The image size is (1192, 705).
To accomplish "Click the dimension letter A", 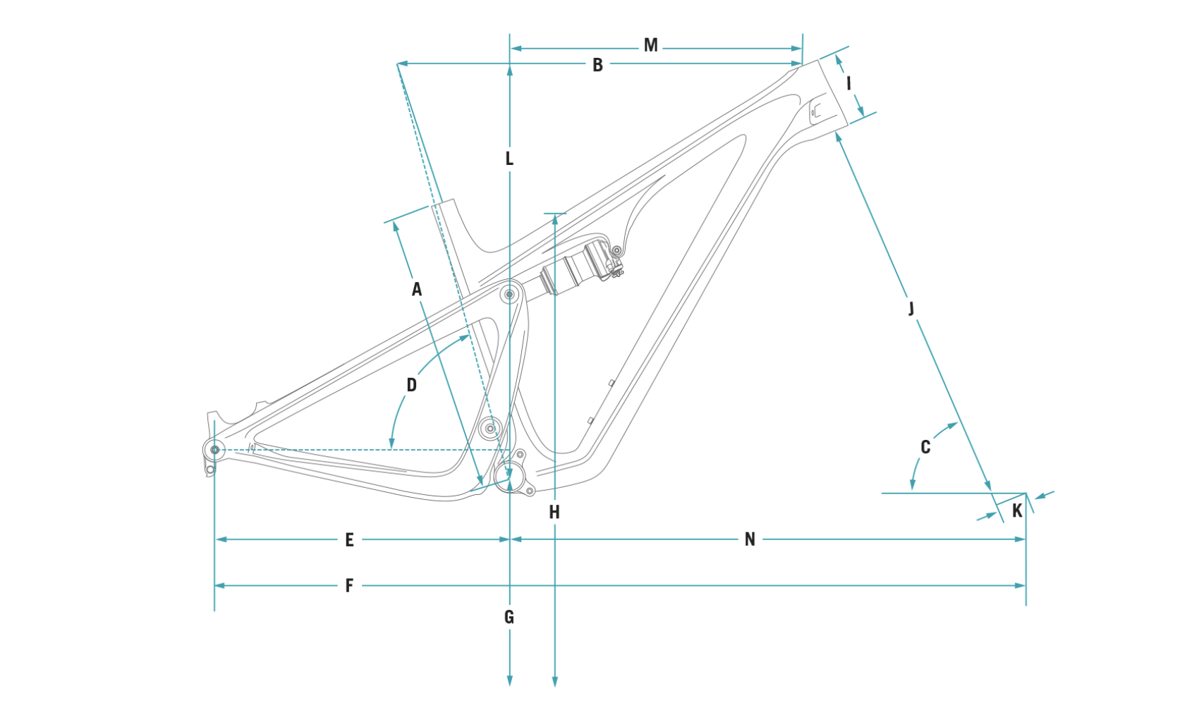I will (417, 289).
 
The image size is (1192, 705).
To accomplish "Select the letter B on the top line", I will (597, 65).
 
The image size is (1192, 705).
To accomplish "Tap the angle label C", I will (925, 447).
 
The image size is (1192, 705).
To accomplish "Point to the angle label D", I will (412, 385).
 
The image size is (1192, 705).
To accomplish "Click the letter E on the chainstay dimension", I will (349, 540).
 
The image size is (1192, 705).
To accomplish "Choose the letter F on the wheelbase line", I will (349, 586).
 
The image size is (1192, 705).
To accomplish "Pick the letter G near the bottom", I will (509, 618).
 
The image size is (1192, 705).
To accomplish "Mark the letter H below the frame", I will (554, 513).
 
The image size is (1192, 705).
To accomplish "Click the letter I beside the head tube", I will (849, 83).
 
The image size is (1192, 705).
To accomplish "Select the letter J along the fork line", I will (911, 308).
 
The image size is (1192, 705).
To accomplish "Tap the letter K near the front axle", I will (1016, 511).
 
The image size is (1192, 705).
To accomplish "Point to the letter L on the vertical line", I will (509, 159).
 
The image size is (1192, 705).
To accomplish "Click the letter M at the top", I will (650, 46).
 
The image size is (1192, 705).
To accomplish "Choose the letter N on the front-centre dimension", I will (750, 540).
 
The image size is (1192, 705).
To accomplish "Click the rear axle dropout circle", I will (215, 449).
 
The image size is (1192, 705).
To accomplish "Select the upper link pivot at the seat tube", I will (509, 294).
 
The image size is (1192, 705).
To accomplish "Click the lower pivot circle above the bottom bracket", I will (490, 428).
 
